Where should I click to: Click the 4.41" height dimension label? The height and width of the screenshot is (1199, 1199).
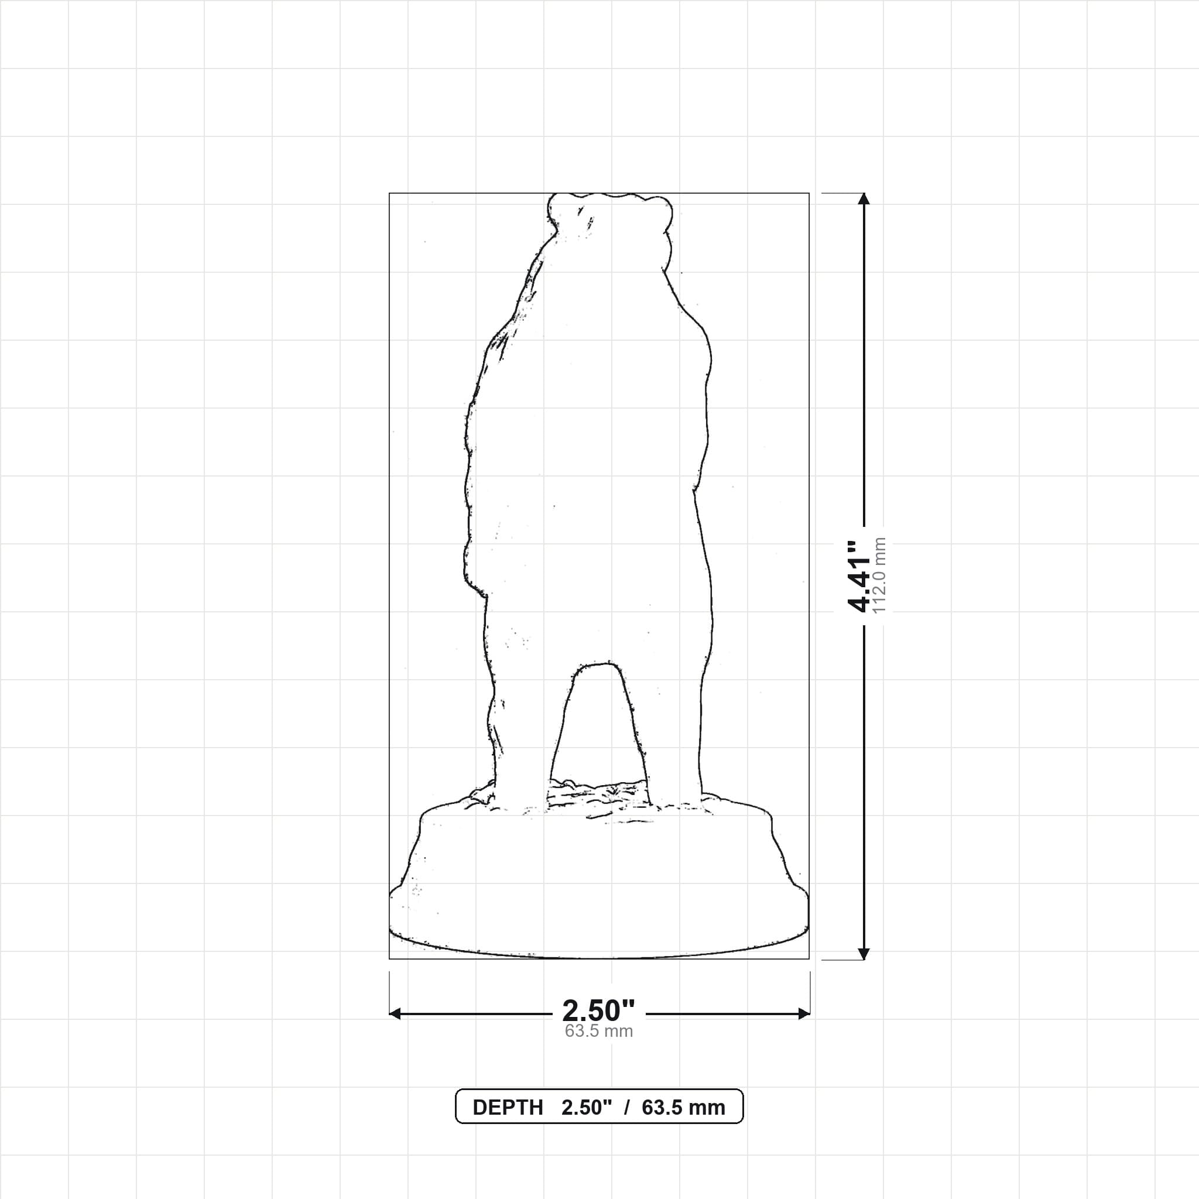coord(860,576)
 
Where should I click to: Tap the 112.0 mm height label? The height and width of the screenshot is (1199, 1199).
coord(879,576)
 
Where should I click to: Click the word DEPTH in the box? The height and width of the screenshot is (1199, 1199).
coord(508,1108)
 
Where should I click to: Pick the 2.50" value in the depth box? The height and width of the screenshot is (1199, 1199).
coord(587,1108)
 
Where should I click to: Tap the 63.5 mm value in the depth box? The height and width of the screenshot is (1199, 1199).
coord(683,1108)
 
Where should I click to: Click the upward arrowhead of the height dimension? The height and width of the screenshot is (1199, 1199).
coord(864,198)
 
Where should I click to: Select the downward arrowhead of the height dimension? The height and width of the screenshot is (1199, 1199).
coord(864,954)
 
